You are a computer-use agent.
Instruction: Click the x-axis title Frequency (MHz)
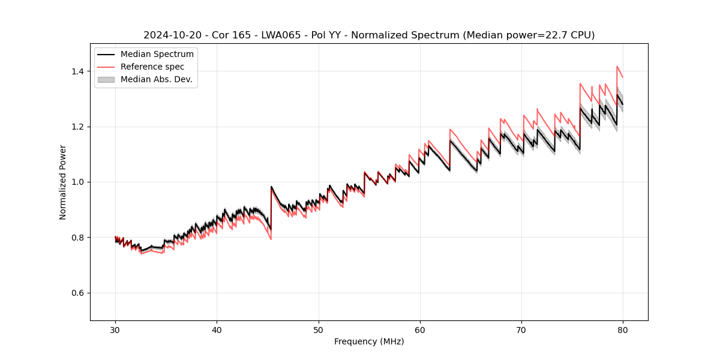(x=369, y=341)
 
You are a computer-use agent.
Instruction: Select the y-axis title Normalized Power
(x=63, y=182)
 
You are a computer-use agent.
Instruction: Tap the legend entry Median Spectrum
(x=157, y=55)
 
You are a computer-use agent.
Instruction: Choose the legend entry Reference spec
(x=152, y=67)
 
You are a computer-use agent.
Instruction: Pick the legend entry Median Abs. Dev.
(x=156, y=79)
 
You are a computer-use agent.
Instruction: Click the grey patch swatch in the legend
(x=106, y=79)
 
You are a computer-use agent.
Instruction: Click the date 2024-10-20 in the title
(x=168, y=35)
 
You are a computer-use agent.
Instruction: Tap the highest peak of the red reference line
(x=617, y=67)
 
